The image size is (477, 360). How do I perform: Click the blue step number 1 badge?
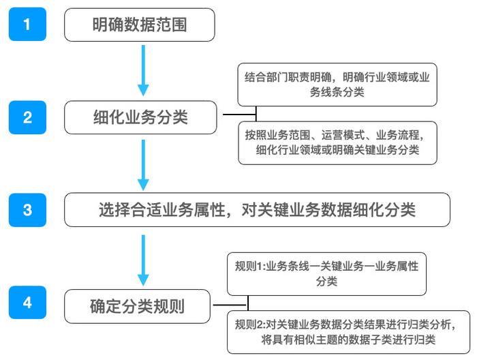coord(27,25)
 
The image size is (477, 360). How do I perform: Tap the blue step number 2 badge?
coord(27,117)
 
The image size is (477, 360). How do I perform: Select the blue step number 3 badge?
coord(27,209)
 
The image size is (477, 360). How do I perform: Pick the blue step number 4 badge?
coord(27,302)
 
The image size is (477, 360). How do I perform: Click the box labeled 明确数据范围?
coord(140,26)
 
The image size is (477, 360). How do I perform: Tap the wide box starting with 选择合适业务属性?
coord(257,209)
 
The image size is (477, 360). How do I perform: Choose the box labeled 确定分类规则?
coord(138,304)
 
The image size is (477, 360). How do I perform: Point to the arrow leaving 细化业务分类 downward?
coord(143,164)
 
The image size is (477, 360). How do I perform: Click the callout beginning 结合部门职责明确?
coord(337,85)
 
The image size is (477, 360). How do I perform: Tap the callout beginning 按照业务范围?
coord(337,142)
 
